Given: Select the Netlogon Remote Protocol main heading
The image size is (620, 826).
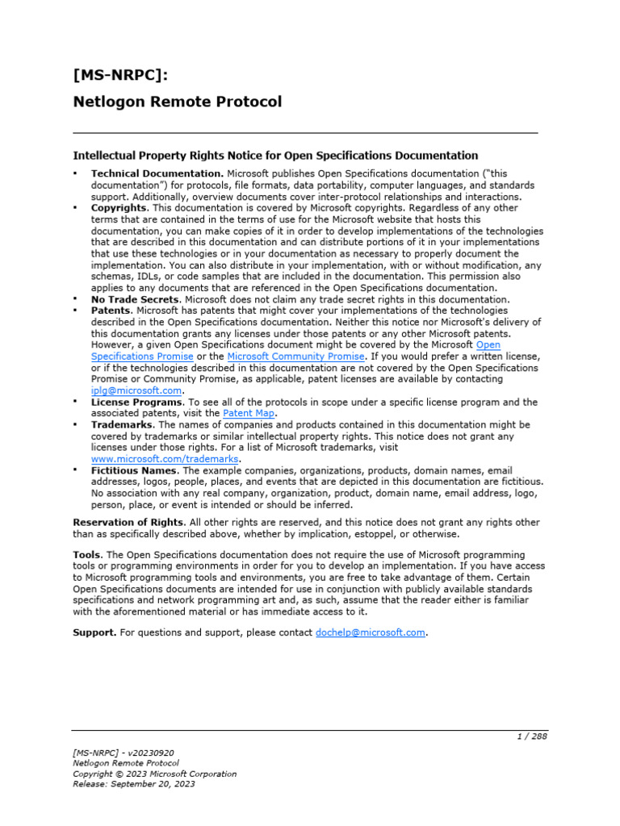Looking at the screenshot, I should pos(178,102).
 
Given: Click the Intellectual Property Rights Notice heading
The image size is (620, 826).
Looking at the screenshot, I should pos(275,155).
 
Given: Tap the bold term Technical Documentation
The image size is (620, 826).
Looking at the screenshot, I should pos(157,173).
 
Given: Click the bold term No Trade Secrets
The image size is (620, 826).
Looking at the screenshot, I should pos(135,299).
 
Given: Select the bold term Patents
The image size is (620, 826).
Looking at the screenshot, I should pos(111,311).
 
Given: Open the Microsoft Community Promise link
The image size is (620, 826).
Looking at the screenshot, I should pos(296,356).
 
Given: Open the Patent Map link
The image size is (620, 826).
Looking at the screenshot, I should pos(249,413).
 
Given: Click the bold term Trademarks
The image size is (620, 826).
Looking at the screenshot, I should pos(122,424).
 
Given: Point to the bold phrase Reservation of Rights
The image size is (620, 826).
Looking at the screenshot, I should pos(129,523).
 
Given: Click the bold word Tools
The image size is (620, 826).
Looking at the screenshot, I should pos(87,555).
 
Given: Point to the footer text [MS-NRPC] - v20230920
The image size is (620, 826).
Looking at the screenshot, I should pos(123,753).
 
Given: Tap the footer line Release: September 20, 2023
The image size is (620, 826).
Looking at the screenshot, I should pos(134,783).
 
